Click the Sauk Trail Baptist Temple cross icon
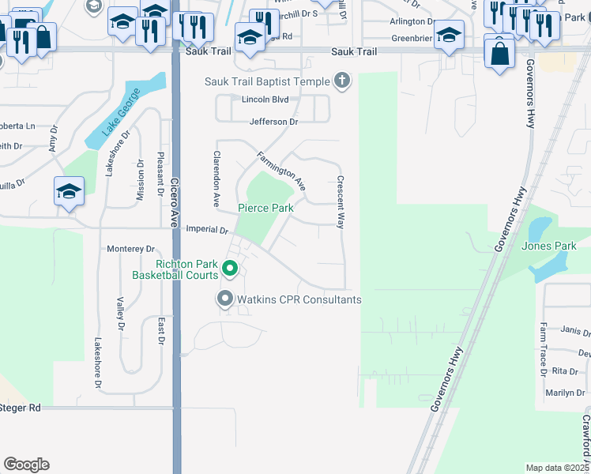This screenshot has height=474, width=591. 342,80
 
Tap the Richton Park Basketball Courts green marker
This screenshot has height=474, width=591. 230,269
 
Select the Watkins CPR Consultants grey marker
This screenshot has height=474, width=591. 225,299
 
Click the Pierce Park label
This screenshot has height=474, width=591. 266,208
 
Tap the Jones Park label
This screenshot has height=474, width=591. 549,246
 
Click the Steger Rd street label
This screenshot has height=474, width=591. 21,408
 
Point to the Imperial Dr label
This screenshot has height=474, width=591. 206,230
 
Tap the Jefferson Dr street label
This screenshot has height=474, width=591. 273,122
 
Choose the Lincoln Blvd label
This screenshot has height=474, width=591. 265,100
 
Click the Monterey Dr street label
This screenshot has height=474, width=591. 131,248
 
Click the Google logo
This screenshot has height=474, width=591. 26,465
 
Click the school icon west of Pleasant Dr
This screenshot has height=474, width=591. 70,192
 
